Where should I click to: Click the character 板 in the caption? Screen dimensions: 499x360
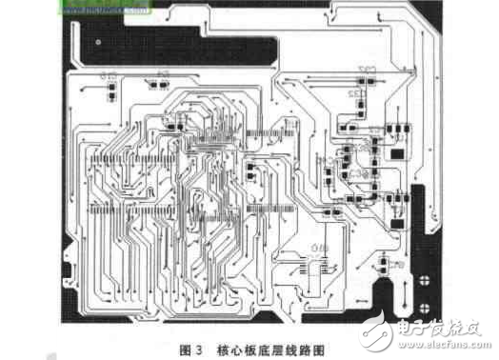coord(260,349)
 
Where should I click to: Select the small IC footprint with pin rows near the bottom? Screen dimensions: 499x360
coord(315,266)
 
